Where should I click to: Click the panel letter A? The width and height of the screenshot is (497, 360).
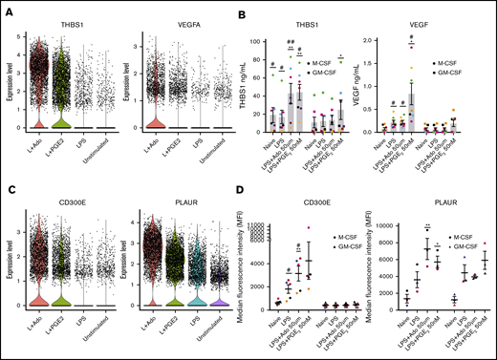[x=6, y=7]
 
